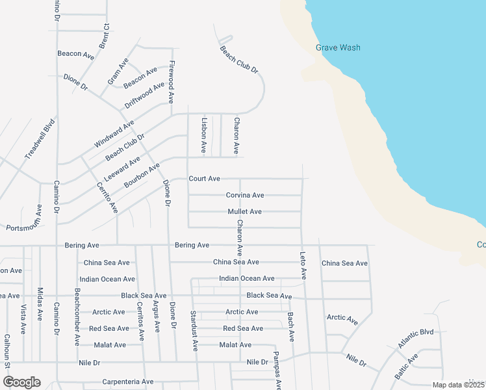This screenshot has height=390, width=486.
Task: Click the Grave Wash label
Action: tap(338, 47)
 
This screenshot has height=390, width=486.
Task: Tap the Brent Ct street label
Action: tap(105, 35)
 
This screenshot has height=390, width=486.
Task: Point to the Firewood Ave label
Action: tap(172, 83)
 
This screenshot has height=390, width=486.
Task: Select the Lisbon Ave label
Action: tap(204, 135)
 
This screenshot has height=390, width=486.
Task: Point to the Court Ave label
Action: tap(205, 178)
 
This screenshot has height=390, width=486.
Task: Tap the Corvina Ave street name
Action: tap(245, 195)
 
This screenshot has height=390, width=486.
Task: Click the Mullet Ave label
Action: tap(244, 211)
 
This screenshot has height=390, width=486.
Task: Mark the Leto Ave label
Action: tap(303, 266)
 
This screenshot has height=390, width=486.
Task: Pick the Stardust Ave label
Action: tap(194, 331)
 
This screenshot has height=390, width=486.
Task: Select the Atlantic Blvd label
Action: tap(416, 339)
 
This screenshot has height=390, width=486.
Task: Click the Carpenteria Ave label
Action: tap(128, 382)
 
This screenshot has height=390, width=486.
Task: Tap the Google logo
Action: tap(21, 382)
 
